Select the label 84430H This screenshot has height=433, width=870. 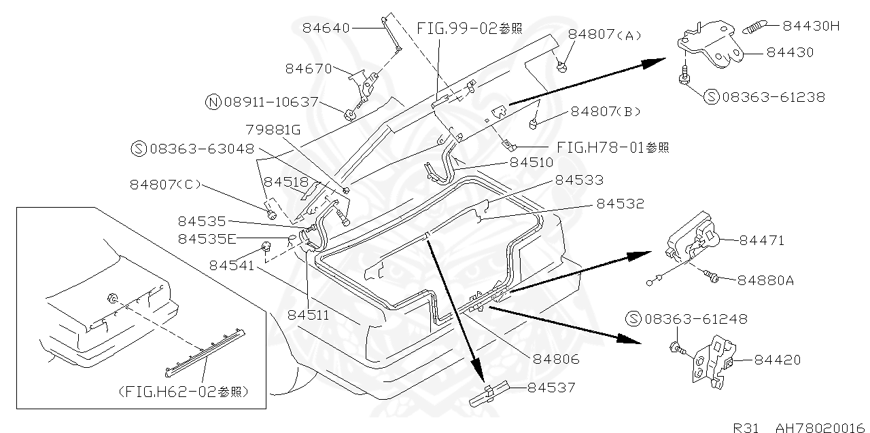tap(811, 26)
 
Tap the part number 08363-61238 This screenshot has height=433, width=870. tap(773, 97)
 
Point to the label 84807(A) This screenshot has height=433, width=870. tap(605, 35)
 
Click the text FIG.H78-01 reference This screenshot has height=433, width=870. tap(612, 147)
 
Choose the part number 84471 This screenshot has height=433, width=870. tap(761, 240)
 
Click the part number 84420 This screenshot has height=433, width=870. tap(778, 360)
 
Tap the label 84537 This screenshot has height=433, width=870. tap(551, 388)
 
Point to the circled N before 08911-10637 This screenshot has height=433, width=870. tap(213, 102)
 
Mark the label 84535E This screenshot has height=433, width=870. tap(207, 238)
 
